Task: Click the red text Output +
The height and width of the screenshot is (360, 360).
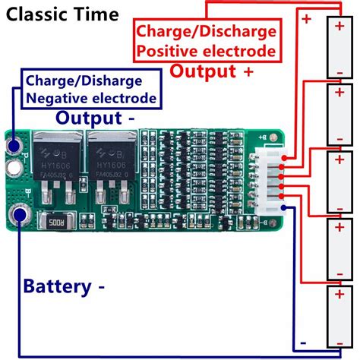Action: [211, 71]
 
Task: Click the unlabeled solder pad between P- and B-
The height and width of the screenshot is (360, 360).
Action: [15, 166]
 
